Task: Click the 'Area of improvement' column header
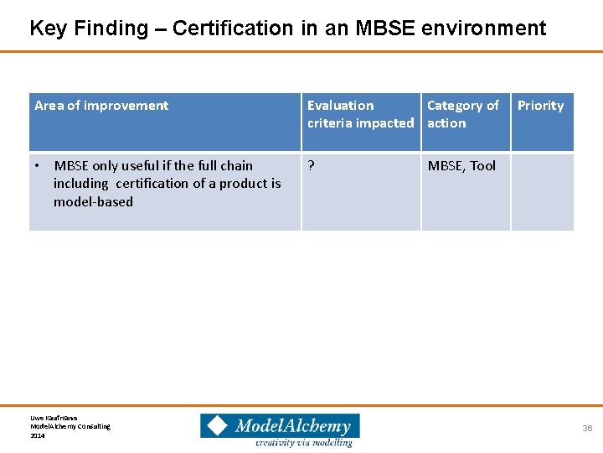pyautogui.click(x=101, y=106)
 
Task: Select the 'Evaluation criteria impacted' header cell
pyautogui.click(x=360, y=114)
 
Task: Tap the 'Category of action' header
pyautogui.click(x=462, y=114)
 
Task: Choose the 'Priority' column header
pyautogui.click(x=540, y=106)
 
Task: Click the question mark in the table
pyautogui.click(x=312, y=166)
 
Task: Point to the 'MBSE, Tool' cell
pyautogui.click(x=461, y=166)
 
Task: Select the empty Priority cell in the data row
pyautogui.click(x=542, y=191)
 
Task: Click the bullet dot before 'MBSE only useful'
pyautogui.click(x=39, y=166)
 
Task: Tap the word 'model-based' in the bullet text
pyautogui.click(x=93, y=201)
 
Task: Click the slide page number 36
pyautogui.click(x=587, y=429)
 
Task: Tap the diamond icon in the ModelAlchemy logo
pyautogui.click(x=218, y=426)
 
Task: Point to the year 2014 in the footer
pyautogui.click(x=38, y=435)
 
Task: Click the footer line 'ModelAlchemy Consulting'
pyautogui.click(x=70, y=426)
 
